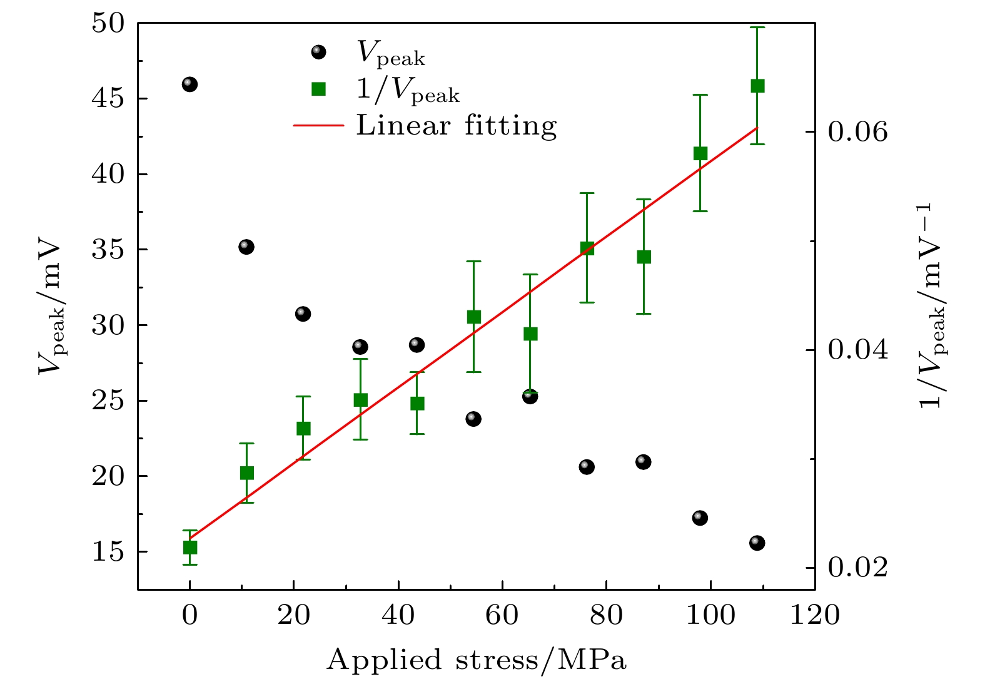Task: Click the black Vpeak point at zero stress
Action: tap(189, 84)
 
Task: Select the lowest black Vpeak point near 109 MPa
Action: tap(757, 543)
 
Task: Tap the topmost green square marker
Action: tap(757, 86)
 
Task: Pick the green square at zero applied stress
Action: tap(189, 547)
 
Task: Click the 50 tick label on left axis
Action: tap(108, 24)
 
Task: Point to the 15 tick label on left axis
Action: tap(108, 552)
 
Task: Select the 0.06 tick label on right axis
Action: tap(857, 132)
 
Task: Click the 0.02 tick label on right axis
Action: tap(857, 568)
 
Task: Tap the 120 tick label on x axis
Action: tap(814, 616)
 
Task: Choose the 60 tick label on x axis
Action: tap(502, 616)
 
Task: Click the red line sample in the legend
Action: tap(318, 126)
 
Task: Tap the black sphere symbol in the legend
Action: tap(319, 52)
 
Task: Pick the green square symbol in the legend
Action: tap(319, 89)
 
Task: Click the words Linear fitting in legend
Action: tap(456, 126)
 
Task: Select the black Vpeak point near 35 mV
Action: tap(246, 247)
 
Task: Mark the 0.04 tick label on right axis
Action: tap(857, 350)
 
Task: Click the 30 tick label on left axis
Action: tap(108, 325)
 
